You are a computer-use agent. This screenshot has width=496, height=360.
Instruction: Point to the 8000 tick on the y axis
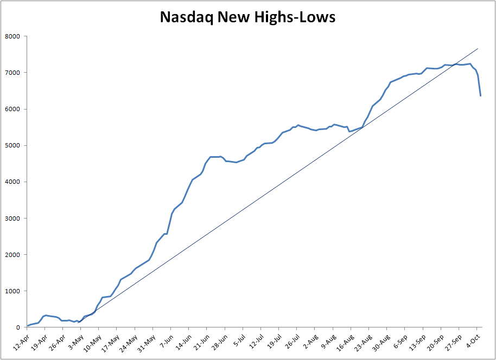tap(12, 36)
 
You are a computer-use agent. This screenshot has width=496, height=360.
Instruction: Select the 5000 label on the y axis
tap(12, 145)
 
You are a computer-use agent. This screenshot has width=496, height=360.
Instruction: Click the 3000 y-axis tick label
tap(12, 218)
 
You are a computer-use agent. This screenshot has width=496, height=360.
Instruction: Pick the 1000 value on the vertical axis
tap(12, 291)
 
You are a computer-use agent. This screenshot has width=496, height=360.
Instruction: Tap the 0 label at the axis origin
tap(18, 327)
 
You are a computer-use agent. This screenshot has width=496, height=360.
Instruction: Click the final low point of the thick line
tap(480, 95)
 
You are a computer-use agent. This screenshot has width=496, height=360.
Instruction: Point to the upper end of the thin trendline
tap(478, 49)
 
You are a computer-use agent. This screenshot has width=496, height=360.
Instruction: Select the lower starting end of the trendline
tap(78, 323)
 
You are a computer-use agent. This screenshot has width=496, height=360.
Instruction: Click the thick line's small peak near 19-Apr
tap(46, 315)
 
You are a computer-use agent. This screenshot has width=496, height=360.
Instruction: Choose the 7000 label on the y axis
tap(12, 73)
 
